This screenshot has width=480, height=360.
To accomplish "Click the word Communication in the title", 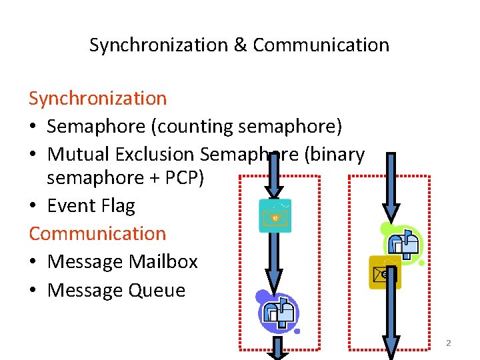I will point(321,45).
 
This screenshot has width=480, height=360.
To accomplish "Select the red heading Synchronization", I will point(97,98).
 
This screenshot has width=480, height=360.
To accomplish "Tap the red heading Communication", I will point(97,233).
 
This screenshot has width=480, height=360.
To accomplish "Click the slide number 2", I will point(448,343).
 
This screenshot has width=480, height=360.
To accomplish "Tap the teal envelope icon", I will point(275,215).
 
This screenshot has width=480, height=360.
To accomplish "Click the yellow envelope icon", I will point(385,272).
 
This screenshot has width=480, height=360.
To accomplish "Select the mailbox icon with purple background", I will point(277,311).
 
